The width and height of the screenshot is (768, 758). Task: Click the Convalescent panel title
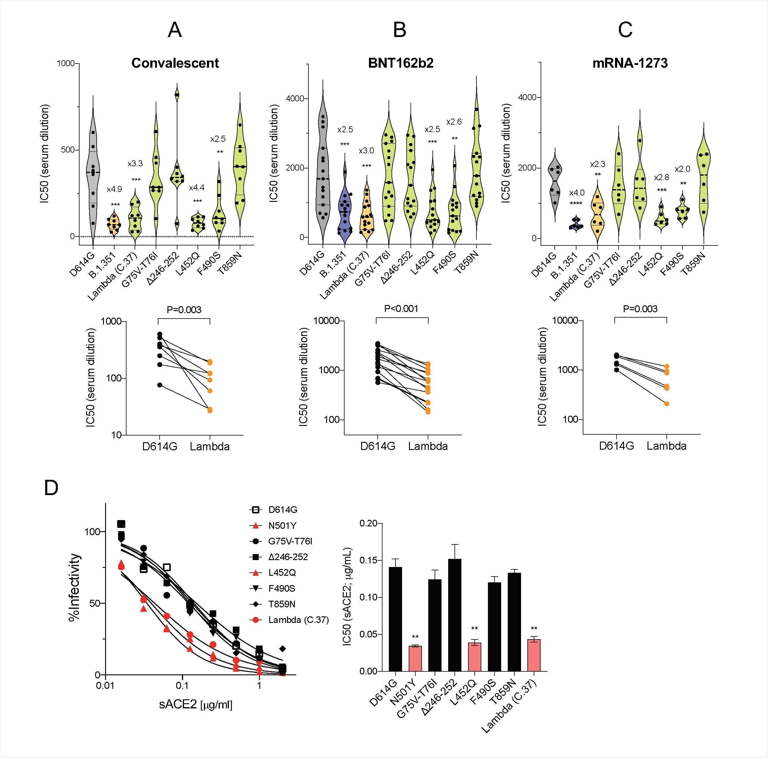175,63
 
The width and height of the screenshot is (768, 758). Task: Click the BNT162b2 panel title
400,63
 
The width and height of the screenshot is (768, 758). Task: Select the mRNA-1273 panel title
630,63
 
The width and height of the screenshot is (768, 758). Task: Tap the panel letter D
51,488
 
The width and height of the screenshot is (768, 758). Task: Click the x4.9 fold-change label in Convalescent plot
114,189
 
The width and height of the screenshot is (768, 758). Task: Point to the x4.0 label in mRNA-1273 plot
576,193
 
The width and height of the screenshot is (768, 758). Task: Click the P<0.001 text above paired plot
401,309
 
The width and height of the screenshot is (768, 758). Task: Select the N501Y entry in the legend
282,525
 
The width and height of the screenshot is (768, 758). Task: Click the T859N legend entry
281,604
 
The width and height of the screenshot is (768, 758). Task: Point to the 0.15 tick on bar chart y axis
368,560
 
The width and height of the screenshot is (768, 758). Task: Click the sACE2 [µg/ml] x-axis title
195,705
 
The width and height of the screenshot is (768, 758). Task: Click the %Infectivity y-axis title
74,587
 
